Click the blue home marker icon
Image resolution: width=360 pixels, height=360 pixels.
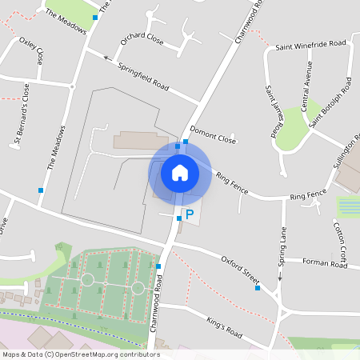[180, 173]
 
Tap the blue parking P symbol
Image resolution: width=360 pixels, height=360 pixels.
[190, 214]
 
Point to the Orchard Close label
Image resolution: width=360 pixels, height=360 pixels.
[142, 40]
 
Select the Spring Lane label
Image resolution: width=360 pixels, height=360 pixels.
[282, 250]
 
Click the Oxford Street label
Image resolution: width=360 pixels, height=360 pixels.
[242, 266]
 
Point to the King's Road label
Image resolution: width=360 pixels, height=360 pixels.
[223, 328]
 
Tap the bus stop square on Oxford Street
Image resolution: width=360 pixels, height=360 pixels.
[258, 287]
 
